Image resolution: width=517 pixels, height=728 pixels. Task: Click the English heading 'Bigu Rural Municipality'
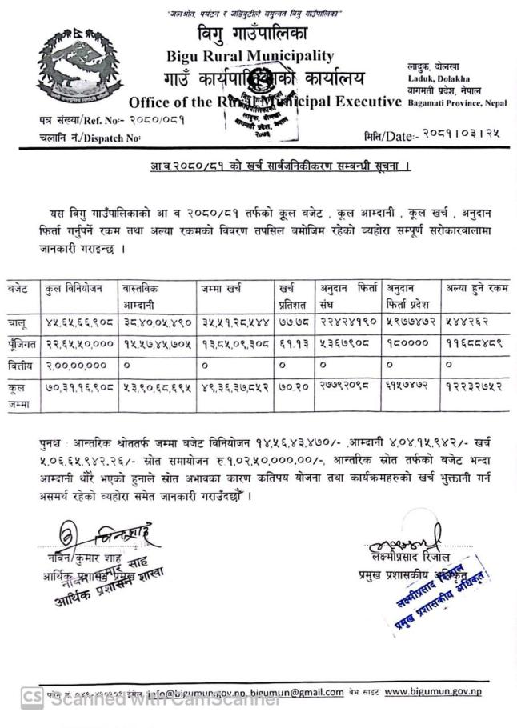click(x=250, y=55)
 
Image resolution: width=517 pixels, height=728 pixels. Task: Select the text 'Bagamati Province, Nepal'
click(x=457, y=103)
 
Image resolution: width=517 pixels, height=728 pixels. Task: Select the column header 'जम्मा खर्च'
click(x=222, y=288)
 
